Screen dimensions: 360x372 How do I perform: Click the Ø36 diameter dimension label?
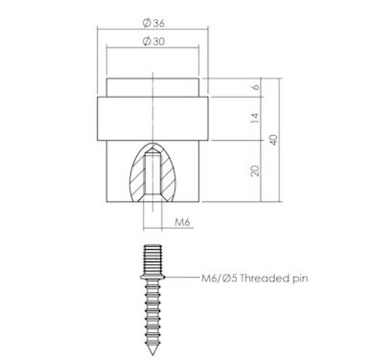[x=154, y=24]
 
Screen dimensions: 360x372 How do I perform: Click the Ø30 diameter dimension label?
[x=154, y=42]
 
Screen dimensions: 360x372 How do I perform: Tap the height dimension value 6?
[x=255, y=87]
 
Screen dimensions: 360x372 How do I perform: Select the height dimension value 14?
[x=255, y=118]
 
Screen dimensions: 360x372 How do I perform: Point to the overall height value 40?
[x=274, y=139]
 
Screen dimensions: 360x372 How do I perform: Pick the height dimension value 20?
[x=255, y=171]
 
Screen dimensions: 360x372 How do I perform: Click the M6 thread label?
[x=182, y=222]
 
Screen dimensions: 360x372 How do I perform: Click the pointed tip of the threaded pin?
[x=153, y=351]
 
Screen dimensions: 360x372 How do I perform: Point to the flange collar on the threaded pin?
[x=153, y=277]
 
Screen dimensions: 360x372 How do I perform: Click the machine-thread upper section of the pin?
[x=153, y=259]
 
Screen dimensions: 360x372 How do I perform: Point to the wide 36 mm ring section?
[x=119, y=118]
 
